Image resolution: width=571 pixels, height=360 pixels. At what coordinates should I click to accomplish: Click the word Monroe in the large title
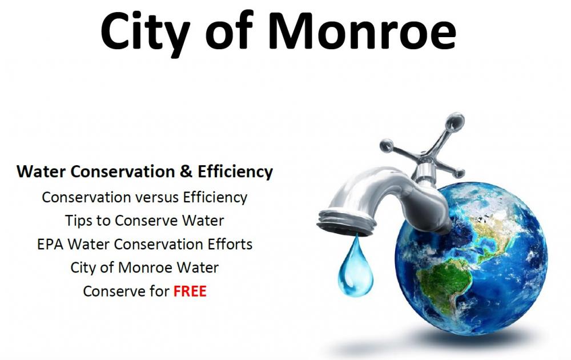pyautogui.click(x=363, y=31)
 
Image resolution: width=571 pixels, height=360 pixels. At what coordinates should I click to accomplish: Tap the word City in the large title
pyautogui.click(x=145, y=34)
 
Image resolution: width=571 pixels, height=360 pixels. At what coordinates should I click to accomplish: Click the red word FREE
pyautogui.click(x=190, y=291)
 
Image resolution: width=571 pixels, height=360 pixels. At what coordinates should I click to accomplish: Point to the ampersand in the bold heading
pyautogui.click(x=186, y=171)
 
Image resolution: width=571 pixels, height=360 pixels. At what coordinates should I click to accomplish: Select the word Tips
pyautogui.click(x=78, y=221)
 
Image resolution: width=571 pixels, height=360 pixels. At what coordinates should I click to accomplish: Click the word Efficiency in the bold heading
pyautogui.click(x=235, y=172)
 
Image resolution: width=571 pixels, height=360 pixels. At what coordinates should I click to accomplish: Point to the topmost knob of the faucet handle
pyautogui.click(x=455, y=122)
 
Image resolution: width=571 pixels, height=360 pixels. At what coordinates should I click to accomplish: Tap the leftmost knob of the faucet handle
pyautogui.click(x=387, y=146)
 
